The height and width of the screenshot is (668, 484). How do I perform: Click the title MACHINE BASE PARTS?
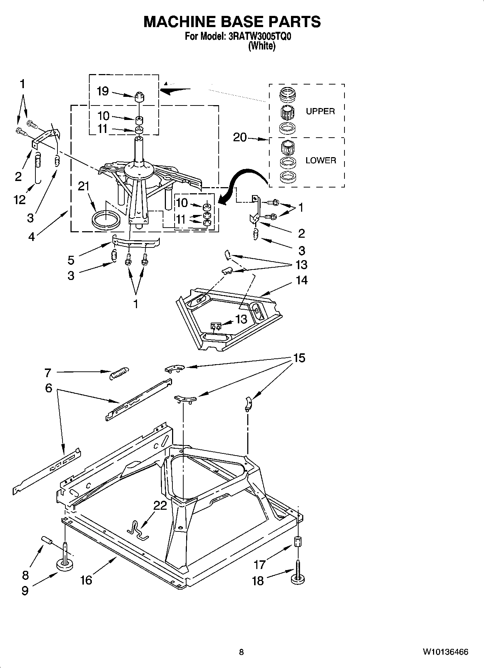click(232, 22)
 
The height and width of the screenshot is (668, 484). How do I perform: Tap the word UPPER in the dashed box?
click(320, 111)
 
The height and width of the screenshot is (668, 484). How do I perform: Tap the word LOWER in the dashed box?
click(321, 160)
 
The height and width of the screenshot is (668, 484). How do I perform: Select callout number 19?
click(103, 91)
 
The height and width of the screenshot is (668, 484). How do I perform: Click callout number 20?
click(240, 137)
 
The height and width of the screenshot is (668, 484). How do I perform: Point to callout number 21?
click(83, 186)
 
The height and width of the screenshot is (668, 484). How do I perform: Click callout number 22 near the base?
click(160, 505)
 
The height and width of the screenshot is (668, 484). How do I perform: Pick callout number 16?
click(86, 580)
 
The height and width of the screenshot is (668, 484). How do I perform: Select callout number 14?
click(302, 280)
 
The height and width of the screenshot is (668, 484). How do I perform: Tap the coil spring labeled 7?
click(119, 373)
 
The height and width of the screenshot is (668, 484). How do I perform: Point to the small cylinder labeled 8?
click(47, 540)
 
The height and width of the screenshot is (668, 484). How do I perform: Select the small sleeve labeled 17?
click(297, 542)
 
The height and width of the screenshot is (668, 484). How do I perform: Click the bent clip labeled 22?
click(137, 530)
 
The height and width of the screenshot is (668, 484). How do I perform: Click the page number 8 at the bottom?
click(241, 652)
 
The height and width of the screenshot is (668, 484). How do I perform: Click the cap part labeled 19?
click(139, 97)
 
